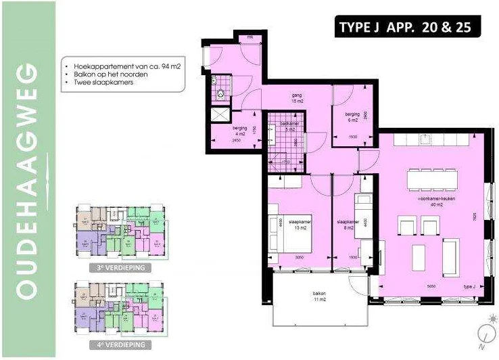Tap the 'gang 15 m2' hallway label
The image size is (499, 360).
click(296, 98)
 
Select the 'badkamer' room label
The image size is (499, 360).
click(289, 126)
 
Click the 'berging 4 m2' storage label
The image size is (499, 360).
click(240, 131)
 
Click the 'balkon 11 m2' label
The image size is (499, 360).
click(319, 296)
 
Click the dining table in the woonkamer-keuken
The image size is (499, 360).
click(431, 181)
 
